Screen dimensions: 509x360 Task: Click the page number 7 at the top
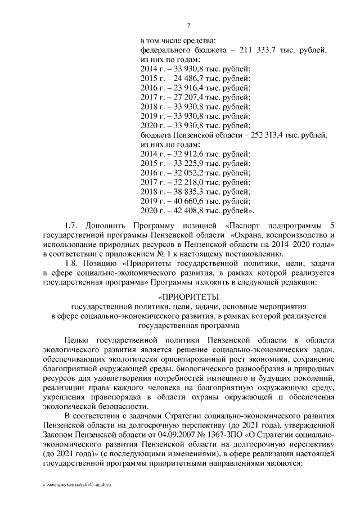point(188,24)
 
